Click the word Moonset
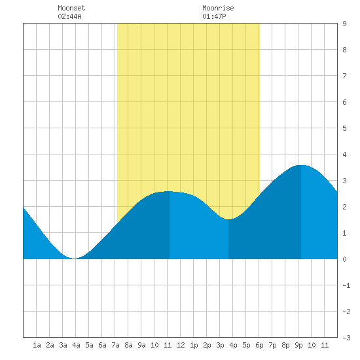click(x=71, y=8)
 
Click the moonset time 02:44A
click(x=69, y=16)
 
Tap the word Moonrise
click(x=218, y=8)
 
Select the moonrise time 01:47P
click(x=214, y=16)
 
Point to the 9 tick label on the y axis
click(x=344, y=24)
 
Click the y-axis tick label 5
click(x=344, y=128)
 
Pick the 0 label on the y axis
click(x=344, y=259)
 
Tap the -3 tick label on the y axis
click(x=346, y=338)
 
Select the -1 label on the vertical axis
click(x=346, y=285)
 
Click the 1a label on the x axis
click(x=37, y=345)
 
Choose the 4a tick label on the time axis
click(x=76, y=345)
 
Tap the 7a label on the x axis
click(x=115, y=345)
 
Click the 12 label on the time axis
click(x=181, y=345)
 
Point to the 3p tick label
click(x=220, y=345)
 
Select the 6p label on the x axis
click(x=259, y=345)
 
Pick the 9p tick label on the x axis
click(x=298, y=345)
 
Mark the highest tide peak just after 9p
click(x=301, y=165)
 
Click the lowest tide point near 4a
click(x=74, y=259)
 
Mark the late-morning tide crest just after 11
click(x=170, y=191)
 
